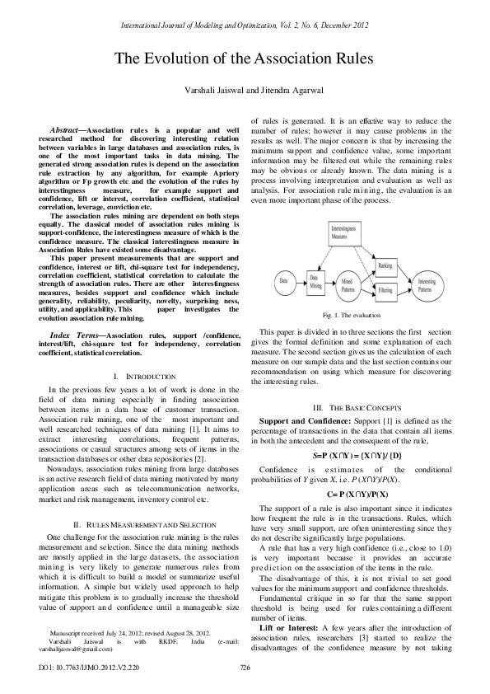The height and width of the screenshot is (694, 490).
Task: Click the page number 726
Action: point(244,667)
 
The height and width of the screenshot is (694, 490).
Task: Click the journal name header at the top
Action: point(244,28)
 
